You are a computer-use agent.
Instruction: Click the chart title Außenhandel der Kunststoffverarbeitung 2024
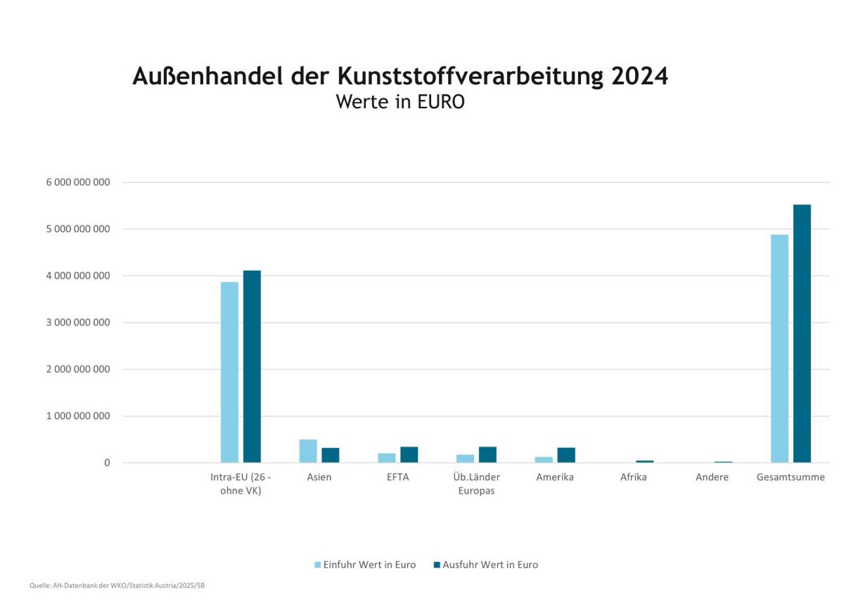pyautogui.click(x=400, y=76)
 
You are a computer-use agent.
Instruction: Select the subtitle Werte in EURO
pyautogui.click(x=400, y=102)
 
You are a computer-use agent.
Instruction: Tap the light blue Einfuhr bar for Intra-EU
pyautogui.click(x=230, y=372)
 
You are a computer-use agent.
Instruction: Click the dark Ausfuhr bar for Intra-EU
pyautogui.click(x=252, y=366)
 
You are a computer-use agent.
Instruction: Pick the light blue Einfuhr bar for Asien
pyautogui.click(x=308, y=451)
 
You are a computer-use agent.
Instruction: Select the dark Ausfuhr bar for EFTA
pyautogui.click(x=409, y=454)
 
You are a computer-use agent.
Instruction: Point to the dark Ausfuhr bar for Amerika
pyautogui.click(x=566, y=455)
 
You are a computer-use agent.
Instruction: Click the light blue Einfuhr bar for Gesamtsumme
pyautogui.click(x=779, y=349)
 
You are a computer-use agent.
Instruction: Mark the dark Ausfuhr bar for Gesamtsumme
pyautogui.click(x=802, y=334)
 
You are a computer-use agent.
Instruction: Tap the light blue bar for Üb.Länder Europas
pyautogui.click(x=465, y=458)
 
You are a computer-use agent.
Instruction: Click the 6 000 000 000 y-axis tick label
pyautogui.click(x=78, y=182)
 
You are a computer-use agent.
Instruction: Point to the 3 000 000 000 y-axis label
pyautogui.click(x=78, y=323)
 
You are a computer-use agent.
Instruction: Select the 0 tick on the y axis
pyautogui.click(x=107, y=463)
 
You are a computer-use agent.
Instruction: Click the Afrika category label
pyautogui.click(x=633, y=477)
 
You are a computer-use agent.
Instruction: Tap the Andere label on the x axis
pyautogui.click(x=712, y=477)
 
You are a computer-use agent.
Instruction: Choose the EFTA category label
pyautogui.click(x=398, y=477)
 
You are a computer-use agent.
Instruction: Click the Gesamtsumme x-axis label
pyautogui.click(x=791, y=477)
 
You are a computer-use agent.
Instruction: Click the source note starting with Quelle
pyautogui.click(x=117, y=586)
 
